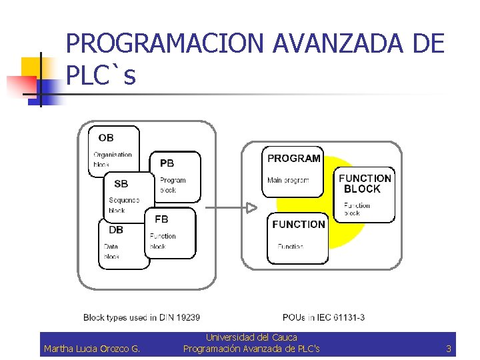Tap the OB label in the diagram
click(x=106, y=138)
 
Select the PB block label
click(x=167, y=163)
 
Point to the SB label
click(x=121, y=183)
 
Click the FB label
click(x=161, y=219)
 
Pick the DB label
click(x=115, y=230)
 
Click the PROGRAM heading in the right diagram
click(x=294, y=159)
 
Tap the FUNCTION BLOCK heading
click(x=365, y=183)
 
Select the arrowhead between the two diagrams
click(x=251, y=207)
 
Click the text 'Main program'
click(x=288, y=181)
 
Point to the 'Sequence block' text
click(x=124, y=205)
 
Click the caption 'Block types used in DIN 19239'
click(x=141, y=317)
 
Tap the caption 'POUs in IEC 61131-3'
click(x=323, y=317)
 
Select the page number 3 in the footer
click(x=449, y=349)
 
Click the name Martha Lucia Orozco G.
click(x=91, y=349)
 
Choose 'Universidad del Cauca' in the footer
click(x=251, y=338)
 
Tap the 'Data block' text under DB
click(x=111, y=251)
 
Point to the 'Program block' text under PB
click(x=173, y=185)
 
